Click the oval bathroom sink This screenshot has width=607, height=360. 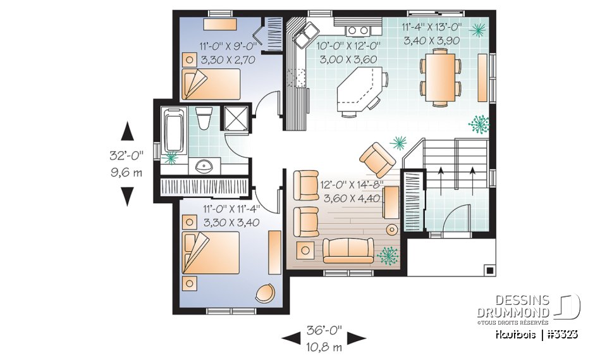(204, 167)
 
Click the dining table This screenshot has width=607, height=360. (441, 77)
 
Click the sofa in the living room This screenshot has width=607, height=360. (348, 251)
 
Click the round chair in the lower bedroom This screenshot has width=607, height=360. (266, 292)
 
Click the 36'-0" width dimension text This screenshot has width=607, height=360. (323, 330)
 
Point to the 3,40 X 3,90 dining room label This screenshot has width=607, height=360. (432, 40)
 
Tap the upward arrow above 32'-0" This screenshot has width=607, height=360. (127, 132)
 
